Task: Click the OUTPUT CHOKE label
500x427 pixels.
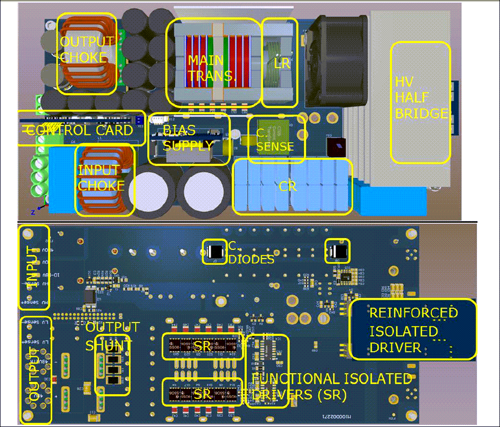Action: click(87, 50)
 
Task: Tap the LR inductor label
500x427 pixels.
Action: click(282, 63)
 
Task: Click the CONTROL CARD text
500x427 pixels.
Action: click(80, 131)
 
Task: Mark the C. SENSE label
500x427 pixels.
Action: click(275, 140)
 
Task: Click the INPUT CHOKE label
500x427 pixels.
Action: click(101, 178)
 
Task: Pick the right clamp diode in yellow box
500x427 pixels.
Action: click(337, 251)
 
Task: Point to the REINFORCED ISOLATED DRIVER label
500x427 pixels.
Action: click(412, 330)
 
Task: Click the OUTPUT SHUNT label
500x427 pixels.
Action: click(112, 336)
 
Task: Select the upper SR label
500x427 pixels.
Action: click(202, 346)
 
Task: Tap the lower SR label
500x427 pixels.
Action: click(202, 394)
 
